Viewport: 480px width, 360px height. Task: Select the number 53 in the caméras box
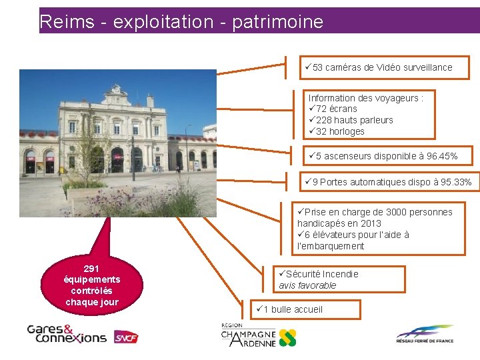click(x=317, y=67)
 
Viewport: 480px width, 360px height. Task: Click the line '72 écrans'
click(x=336, y=109)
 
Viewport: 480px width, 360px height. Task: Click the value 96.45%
click(x=441, y=156)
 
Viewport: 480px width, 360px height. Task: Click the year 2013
click(x=370, y=223)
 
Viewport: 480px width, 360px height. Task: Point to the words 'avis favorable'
click(x=307, y=285)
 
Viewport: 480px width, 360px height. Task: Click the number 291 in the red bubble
click(x=91, y=268)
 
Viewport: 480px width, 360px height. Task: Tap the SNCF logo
click(x=125, y=337)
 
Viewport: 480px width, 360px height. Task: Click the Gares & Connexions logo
click(x=66, y=333)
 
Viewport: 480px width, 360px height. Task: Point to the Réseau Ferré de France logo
click(x=424, y=334)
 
